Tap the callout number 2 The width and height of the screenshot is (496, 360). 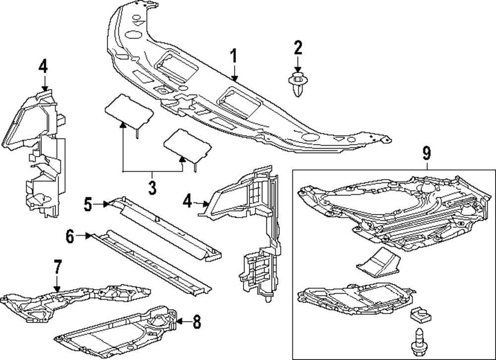click(x=298, y=49)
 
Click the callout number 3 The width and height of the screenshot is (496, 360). click(x=152, y=188)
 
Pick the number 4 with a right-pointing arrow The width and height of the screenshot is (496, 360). click(x=187, y=201)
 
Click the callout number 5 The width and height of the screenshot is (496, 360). click(x=88, y=204)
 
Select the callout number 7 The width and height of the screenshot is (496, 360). click(x=58, y=268)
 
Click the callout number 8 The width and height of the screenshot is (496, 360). click(x=196, y=322)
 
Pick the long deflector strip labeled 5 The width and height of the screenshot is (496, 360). click(x=164, y=226)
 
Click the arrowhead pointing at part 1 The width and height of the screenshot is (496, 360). click(x=236, y=79)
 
